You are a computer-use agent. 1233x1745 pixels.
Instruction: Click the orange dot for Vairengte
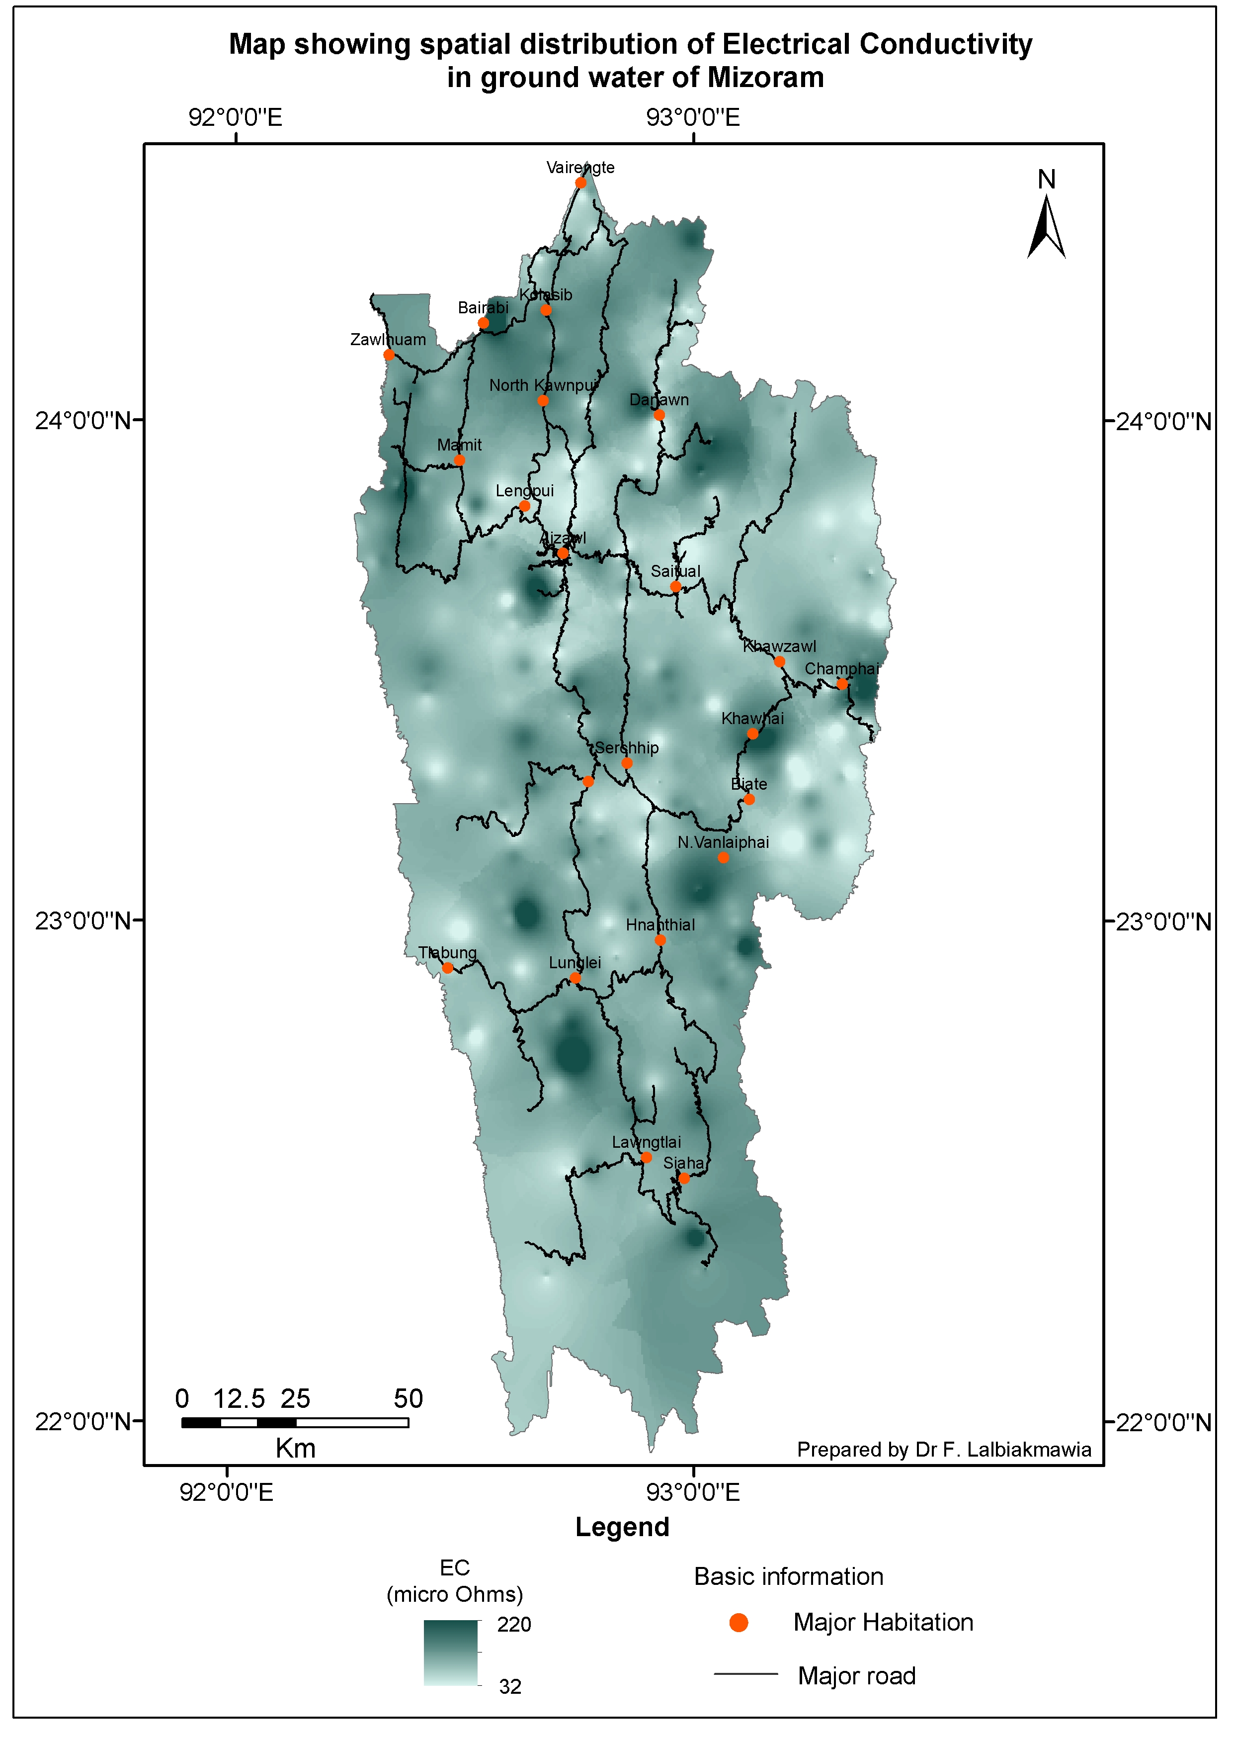pos(580,183)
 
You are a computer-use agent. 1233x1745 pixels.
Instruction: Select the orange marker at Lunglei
pos(575,978)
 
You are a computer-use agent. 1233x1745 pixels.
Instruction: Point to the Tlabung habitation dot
pos(447,968)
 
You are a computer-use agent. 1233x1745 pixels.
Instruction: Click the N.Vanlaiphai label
pos(723,842)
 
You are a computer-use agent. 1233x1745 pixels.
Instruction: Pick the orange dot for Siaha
pos(684,1179)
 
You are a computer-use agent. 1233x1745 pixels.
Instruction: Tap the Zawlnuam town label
pos(388,340)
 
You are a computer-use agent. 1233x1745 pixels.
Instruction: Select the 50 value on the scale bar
pos(408,1398)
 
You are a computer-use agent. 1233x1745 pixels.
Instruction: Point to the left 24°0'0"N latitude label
pos(83,420)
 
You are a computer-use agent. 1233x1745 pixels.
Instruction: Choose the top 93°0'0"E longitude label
pos(692,118)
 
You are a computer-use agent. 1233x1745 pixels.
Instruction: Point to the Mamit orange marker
pos(460,460)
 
